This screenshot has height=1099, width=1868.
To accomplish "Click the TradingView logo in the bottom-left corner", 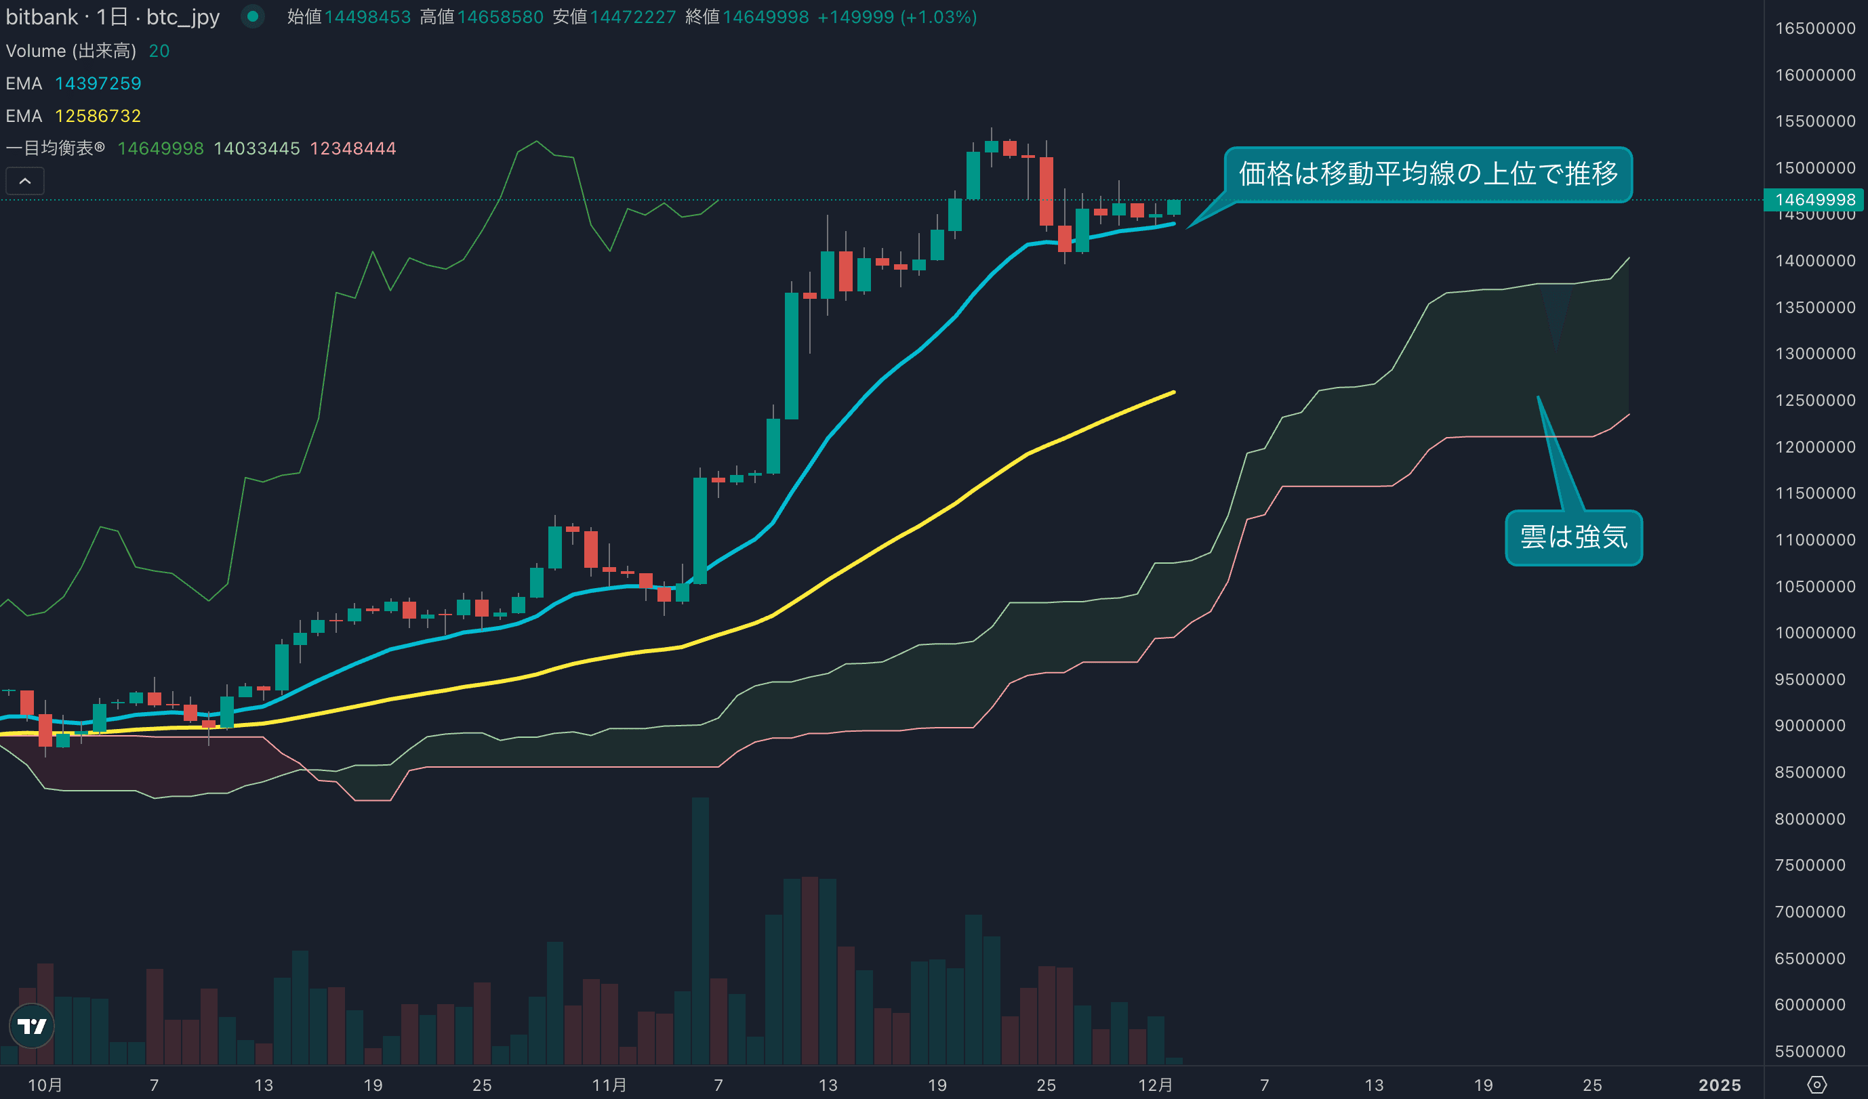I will pos(32,1026).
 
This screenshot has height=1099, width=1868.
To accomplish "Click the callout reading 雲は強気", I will pos(1573,537).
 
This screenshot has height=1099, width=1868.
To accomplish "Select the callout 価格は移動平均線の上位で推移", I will pos(1427,174).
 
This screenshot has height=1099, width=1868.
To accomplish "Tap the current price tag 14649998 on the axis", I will pos(1814,199).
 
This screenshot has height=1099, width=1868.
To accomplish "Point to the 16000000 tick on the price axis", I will pos(1814,75).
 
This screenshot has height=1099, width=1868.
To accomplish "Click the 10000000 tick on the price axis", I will pos(1814,633).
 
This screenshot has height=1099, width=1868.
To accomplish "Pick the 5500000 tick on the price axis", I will pos(1814,1051).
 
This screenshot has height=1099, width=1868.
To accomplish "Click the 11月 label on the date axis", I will pos(609,1085).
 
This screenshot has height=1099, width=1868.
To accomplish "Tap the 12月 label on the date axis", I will pos(1156,1085).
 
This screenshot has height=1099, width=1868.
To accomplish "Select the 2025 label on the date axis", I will pos(1720,1085).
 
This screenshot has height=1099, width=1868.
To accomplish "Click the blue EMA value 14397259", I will pos(98,84).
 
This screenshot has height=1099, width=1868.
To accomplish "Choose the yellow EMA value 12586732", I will pos(98,117).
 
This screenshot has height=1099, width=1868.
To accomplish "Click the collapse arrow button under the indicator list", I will pos(25,181).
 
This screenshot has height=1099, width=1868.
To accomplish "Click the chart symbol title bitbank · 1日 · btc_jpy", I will pos(113,17).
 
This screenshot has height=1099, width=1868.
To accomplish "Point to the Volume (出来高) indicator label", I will pos(71,51).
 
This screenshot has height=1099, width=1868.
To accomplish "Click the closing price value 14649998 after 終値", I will pos(766,17).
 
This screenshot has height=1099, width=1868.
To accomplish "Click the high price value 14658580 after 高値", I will pos(500,17).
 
